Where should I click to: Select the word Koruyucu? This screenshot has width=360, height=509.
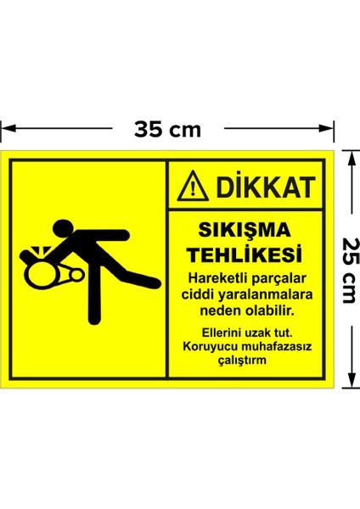coord(206,345)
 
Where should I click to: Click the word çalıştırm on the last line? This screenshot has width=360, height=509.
coord(242,359)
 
